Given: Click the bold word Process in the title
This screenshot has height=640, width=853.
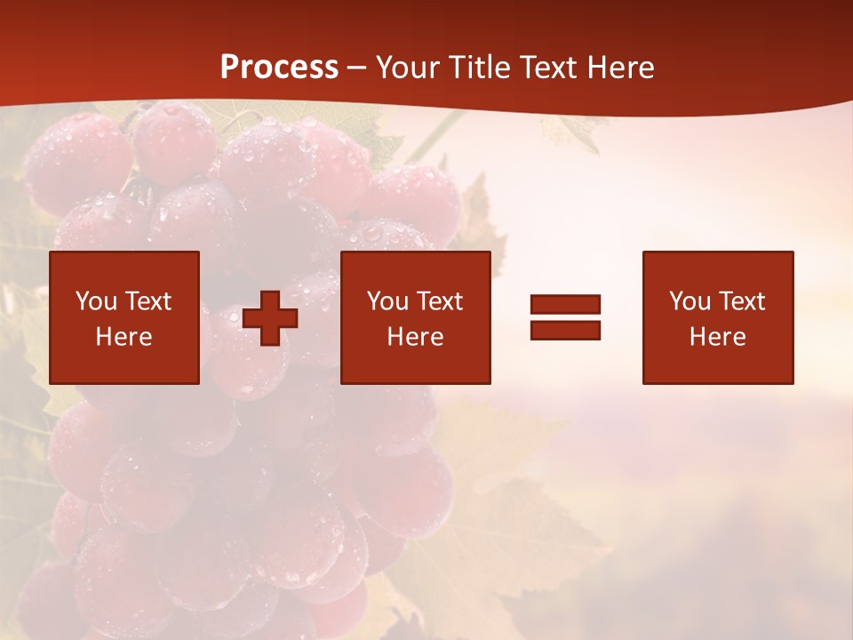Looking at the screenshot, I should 279,68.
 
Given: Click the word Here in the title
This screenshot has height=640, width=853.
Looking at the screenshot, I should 621,68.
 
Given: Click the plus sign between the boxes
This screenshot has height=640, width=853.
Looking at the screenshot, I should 270,318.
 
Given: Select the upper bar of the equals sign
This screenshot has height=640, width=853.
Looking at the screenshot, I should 565,305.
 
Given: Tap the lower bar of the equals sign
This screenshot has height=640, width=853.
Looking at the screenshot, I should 565,331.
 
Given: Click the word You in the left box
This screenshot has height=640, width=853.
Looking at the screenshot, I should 96,301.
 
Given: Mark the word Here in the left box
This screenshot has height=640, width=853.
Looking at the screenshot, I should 124,337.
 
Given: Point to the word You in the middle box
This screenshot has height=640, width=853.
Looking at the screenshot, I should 387,301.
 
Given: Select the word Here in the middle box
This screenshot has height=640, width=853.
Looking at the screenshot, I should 415,337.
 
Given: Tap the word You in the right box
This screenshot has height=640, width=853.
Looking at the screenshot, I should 690,301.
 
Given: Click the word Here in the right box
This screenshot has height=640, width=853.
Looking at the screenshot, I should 717,337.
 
